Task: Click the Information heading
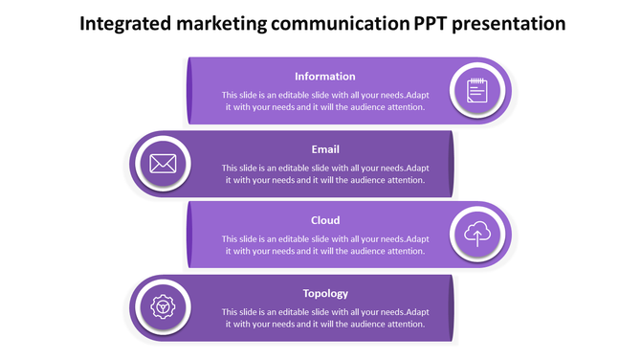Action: (324, 77)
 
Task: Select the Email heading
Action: (325, 149)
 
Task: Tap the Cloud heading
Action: (325, 221)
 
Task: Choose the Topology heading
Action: (325, 294)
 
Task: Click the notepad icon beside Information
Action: (476, 91)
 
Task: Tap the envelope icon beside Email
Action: (163, 164)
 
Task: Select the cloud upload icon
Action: (476, 235)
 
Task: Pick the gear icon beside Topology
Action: (163, 307)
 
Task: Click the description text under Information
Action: (325, 101)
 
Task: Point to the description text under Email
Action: (325, 174)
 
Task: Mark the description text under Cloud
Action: (325, 245)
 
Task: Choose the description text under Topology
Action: (325, 318)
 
